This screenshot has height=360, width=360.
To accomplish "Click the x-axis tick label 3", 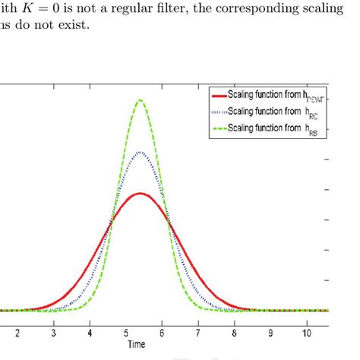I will pos(54,333).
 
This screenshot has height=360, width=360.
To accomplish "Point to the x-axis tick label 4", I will pos(90,333).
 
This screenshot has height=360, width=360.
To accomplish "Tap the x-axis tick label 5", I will pos(126,333).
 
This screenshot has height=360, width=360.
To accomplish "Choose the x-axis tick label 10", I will pos(307,333).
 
